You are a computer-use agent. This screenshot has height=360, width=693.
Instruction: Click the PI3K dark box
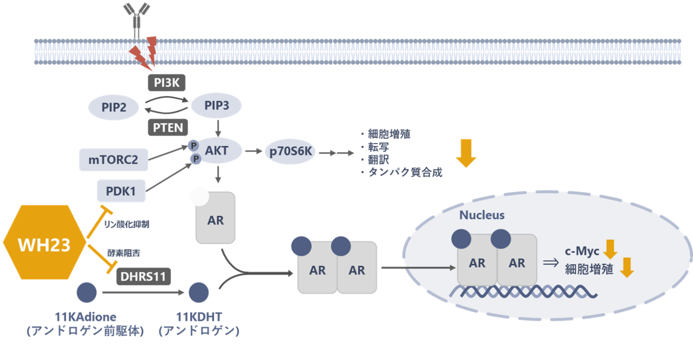tap(166, 83)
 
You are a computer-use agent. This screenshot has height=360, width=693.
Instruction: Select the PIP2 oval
tap(114, 107)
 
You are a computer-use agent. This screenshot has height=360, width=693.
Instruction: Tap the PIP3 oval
tap(217, 106)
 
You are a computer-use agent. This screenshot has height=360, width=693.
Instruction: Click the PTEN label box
tap(168, 128)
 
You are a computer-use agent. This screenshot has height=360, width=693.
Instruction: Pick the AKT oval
tap(217, 151)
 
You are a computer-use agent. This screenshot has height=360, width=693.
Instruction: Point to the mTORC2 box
tap(113, 160)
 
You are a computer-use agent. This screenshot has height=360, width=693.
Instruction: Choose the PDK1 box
tap(120, 191)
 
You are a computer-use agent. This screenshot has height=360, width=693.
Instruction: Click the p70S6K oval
tap(290, 152)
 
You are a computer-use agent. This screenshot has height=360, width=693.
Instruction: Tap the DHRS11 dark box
tap(143, 276)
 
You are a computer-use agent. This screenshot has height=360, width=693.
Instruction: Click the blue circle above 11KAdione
tap(87, 292)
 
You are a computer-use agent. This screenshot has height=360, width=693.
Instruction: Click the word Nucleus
tap(482, 215)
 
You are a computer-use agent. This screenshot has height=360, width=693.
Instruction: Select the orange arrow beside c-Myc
tap(610, 249)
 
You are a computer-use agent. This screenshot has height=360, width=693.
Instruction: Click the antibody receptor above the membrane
tap(136, 18)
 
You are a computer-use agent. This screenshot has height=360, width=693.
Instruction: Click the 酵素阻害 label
tap(124, 253)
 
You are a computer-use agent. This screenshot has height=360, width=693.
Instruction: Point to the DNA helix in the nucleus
tap(523, 292)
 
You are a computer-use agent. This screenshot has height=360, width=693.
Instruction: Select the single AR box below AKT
tap(216, 220)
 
